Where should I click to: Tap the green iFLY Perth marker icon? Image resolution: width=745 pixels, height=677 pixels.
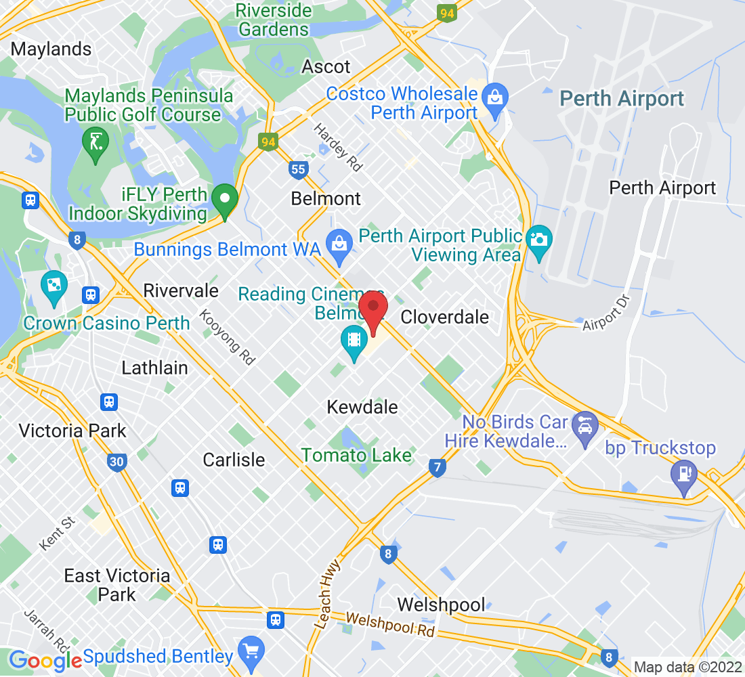pyautogui.click(x=224, y=200)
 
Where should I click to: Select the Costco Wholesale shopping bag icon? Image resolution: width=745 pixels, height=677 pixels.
pyautogui.click(x=496, y=96)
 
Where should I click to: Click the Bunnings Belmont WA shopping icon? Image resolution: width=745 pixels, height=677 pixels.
pyautogui.click(x=337, y=242)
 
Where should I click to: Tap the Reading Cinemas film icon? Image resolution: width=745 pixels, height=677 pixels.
pyautogui.click(x=354, y=338)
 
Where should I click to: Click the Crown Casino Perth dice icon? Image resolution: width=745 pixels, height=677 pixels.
pyautogui.click(x=53, y=285)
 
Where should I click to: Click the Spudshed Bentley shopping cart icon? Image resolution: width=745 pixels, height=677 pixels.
pyautogui.click(x=251, y=650)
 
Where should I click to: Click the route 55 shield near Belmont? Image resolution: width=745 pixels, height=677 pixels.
pyautogui.click(x=298, y=169)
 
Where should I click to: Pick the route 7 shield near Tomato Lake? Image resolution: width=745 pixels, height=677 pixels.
pyautogui.click(x=438, y=467)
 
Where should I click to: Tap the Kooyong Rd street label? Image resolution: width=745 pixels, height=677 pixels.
pyautogui.click(x=227, y=337)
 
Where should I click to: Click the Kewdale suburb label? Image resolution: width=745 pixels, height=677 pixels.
pyautogui.click(x=362, y=407)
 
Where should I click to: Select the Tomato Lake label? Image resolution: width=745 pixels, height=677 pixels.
pyautogui.click(x=356, y=455)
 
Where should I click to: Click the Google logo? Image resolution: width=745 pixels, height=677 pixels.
pyautogui.click(x=45, y=659)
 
